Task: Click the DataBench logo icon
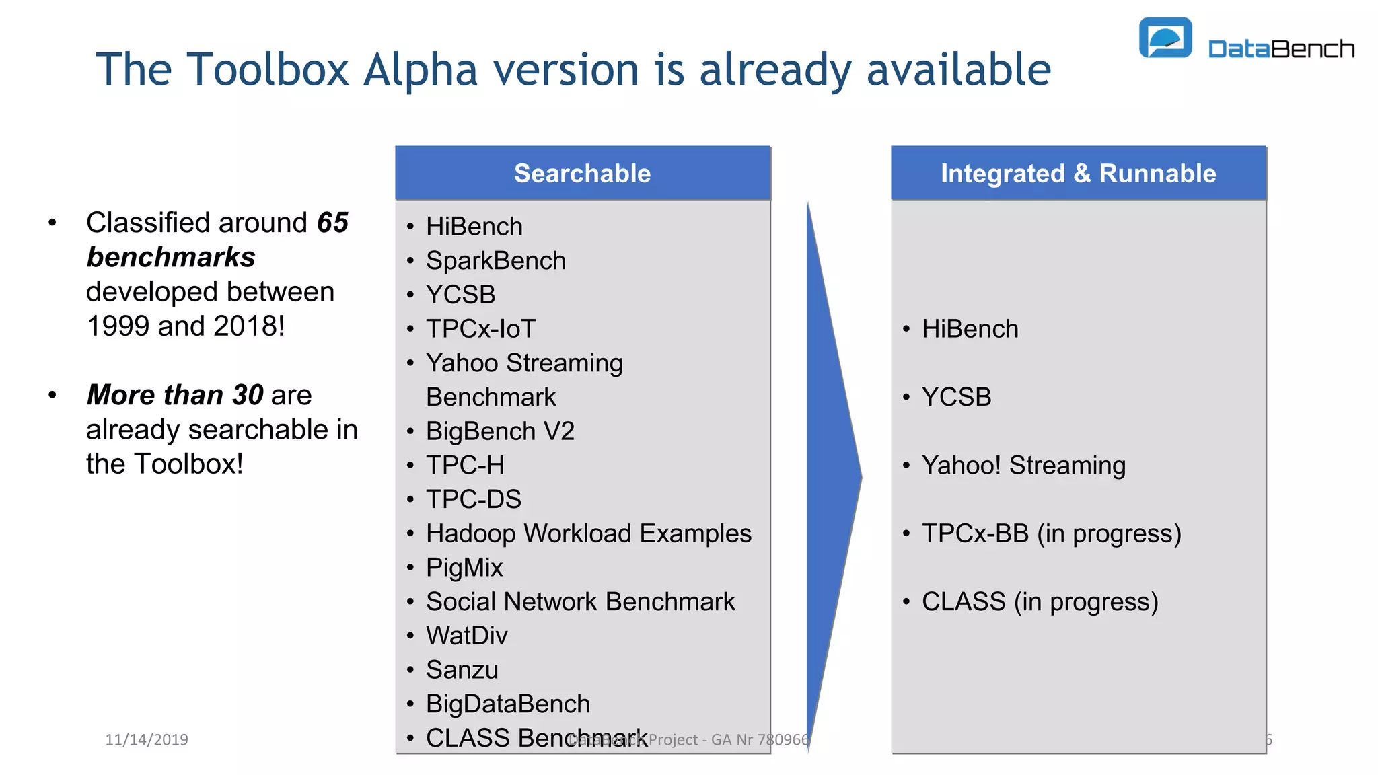(x=1165, y=38)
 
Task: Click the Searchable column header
(x=582, y=174)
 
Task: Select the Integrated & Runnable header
(x=1078, y=174)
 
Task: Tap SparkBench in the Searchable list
(x=496, y=261)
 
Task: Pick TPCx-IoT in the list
(x=480, y=329)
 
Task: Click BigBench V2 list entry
(x=500, y=431)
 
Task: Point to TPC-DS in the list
(x=474, y=499)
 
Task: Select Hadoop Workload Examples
(x=588, y=533)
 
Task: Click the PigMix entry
(x=464, y=568)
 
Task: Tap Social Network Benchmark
(x=580, y=601)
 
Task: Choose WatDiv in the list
(x=466, y=636)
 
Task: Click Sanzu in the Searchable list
(x=462, y=670)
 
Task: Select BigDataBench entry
(x=508, y=704)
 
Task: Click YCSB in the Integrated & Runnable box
(x=956, y=397)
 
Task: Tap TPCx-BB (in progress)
(x=1051, y=533)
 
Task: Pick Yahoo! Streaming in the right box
(x=1023, y=466)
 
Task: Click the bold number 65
(x=332, y=223)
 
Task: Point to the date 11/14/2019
(x=147, y=740)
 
